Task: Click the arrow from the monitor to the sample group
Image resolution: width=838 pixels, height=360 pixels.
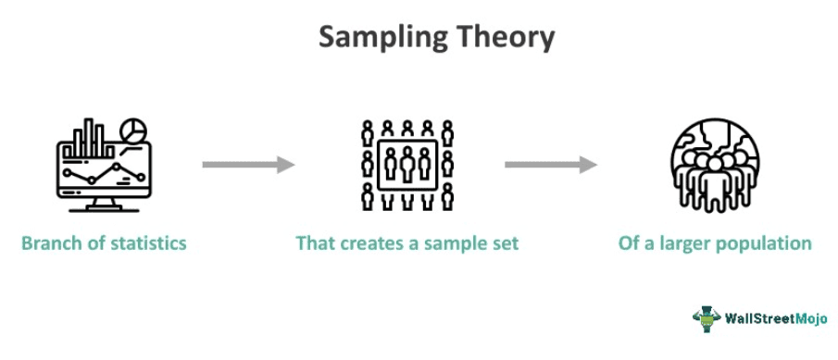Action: point(248,165)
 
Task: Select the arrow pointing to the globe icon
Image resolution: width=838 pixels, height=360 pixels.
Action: point(551,165)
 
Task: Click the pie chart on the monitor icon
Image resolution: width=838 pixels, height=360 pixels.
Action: point(133,130)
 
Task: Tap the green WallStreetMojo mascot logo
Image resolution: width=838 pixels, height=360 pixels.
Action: point(707,319)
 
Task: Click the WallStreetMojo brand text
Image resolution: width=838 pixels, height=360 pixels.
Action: point(776,319)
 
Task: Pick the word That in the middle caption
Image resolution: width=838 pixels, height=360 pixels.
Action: point(314,243)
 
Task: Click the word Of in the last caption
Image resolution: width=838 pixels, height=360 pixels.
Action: point(629,243)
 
